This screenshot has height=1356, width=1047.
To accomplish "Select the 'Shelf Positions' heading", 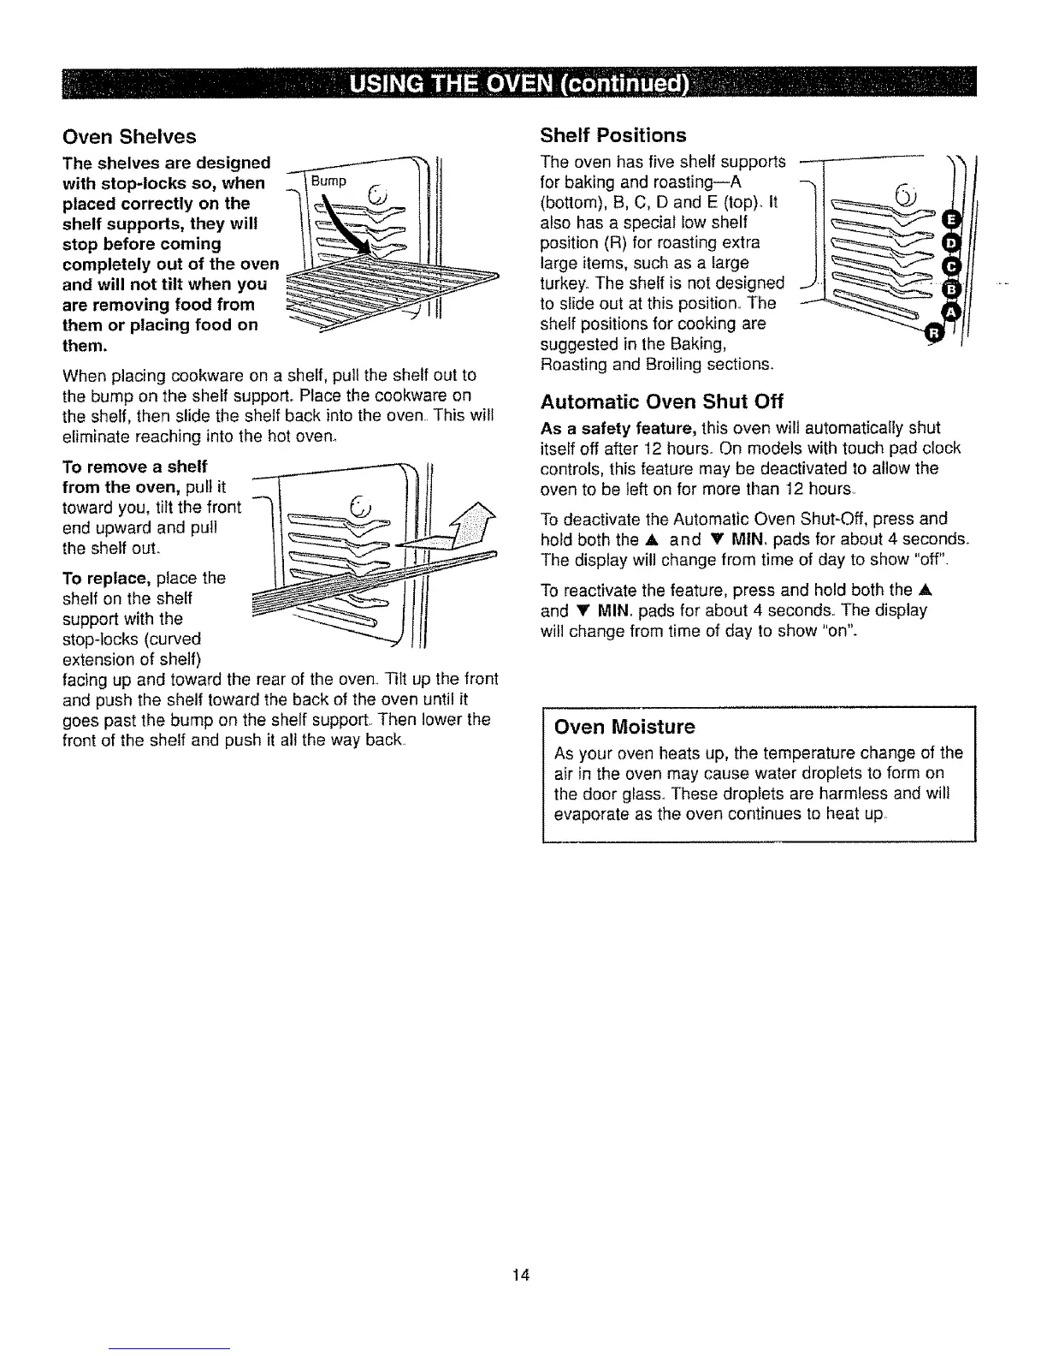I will pyautogui.click(x=613, y=135).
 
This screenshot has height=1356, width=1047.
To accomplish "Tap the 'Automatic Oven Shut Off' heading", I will pyautogui.click(x=662, y=401).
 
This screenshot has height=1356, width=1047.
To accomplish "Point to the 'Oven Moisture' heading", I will pyautogui.click(x=624, y=727).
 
